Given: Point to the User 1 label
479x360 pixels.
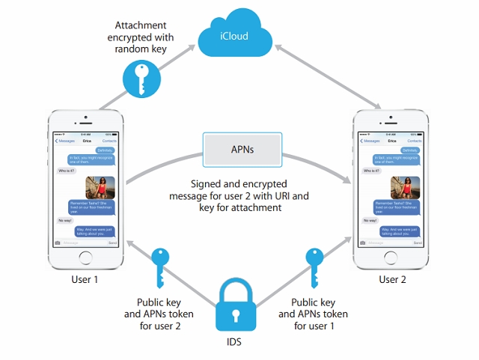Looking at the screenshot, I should pyautogui.click(x=87, y=280).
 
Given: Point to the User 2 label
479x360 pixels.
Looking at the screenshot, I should pyautogui.click(x=392, y=280).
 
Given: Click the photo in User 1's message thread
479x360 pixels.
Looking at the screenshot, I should pyautogui.click(x=100, y=186).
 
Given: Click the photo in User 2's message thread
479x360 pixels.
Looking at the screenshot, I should pyautogui.click(x=405, y=186).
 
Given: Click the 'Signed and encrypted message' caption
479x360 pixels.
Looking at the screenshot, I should pyautogui.click(x=239, y=195).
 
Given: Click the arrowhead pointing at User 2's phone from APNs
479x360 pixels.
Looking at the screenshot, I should pyautogui.click(x=347, y=182).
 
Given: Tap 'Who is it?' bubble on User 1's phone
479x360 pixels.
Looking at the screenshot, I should pyautogui.click(x=65, y=171).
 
